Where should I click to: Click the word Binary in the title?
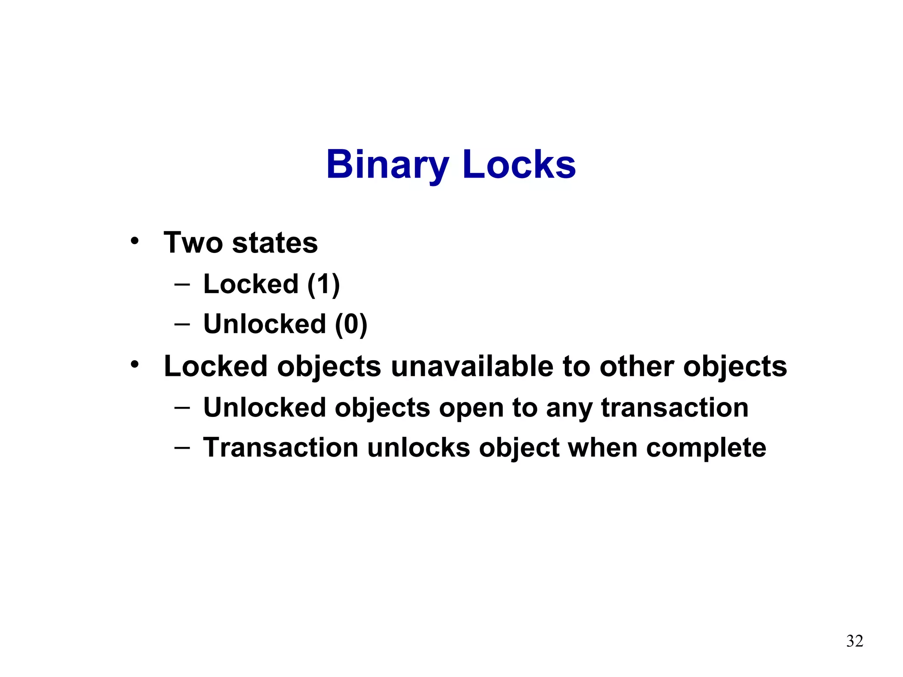(x=387, y=165)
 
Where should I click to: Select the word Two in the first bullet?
(x=193, y=242)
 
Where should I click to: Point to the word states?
(x=275, y=243)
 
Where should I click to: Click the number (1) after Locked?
(x=324, y=284)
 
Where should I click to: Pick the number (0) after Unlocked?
(x=351, y=324)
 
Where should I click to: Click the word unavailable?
(x=472, y=366)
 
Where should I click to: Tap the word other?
(x=636, y=366)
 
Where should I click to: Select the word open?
(x=470, y=408)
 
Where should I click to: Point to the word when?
(x=602, y=448)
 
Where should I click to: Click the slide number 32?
(x=854, y=641)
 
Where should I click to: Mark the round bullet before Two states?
(x=134, y=241)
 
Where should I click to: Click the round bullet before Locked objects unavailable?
(x=134, y=365)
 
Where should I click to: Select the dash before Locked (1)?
(x=182, y=284)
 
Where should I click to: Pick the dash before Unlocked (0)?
(x=182, y=324)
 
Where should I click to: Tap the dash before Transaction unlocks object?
(x=182, y=448)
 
